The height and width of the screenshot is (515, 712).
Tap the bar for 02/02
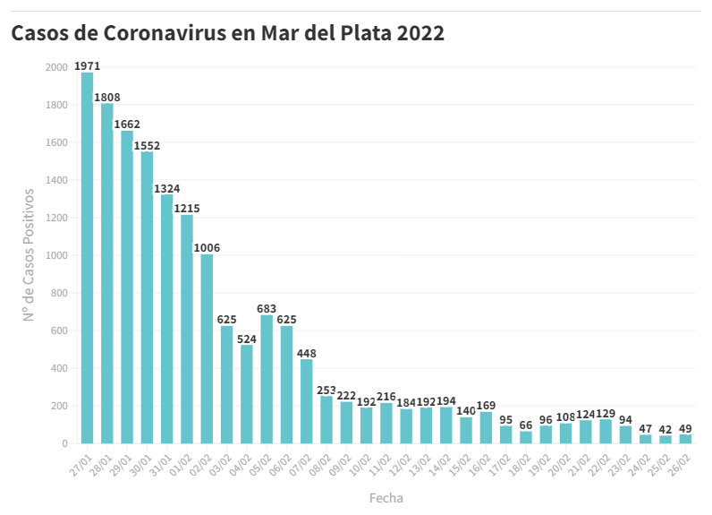coord(207,348)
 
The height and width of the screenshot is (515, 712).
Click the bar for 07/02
coord(307,401)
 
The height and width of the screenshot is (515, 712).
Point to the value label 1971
coord(88,66)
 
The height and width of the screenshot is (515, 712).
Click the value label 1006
coord(207,248)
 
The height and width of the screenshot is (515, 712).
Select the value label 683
coord(267,309)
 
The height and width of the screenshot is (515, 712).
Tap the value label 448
coord(307,353)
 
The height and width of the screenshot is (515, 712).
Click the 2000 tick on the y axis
coord(55,68)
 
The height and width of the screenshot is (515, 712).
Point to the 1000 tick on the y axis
coord(55,256)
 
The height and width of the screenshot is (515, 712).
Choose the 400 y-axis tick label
coord(58,369)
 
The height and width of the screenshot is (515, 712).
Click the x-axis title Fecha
coord(386,498)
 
